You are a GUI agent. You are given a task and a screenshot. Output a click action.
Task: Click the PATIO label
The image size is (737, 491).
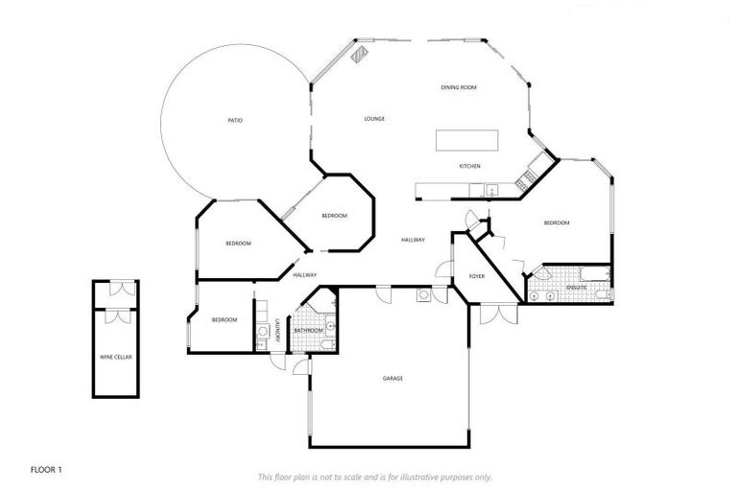pyautogui.click(x=235, y=121)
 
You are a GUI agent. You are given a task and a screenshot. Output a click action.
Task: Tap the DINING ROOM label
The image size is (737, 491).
pyautogui.click(x=459, y=88)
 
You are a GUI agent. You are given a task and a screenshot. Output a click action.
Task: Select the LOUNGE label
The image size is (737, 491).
pyautogui.click(x=374, y=119)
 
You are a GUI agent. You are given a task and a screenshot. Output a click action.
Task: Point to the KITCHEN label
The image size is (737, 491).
pyautogui.click(x=469, y=167)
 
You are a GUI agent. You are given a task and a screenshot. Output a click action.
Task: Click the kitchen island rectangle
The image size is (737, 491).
pyautogui.click(x=467, y=140)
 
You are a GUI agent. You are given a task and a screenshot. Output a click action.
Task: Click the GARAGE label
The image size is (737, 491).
pyautogui.click(x=392, y=379)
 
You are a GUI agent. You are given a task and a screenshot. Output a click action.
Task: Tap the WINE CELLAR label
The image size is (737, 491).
pyautogui.click(x=116, y=357)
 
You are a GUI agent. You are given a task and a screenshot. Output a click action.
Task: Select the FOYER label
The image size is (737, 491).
pyautogui.click(x=477, y=277)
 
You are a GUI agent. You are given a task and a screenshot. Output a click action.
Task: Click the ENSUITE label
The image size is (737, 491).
pyautogui.click(x=576, y=288)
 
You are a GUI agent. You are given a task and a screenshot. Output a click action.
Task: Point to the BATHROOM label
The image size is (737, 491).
pyautogui.click(x=309, y=331)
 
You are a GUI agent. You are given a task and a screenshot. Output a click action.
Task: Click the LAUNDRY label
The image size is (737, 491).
pyautogui.click(x=277, y=331)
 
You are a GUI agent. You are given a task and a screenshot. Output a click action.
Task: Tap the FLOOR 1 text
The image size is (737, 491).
pyautogui.click(x=46, y=470)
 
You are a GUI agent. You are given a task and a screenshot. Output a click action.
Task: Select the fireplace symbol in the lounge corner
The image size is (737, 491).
pyautogui.click(x=361, y=55)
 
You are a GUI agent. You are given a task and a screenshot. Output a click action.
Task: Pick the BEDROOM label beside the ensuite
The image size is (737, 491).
pyautogui.click(x=557, y=223)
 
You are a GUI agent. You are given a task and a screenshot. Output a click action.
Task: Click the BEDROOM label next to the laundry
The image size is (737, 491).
pyautogui.click(x=225, y=319)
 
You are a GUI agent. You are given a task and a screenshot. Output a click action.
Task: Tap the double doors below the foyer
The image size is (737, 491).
pyautogui.click(x=497, y=314)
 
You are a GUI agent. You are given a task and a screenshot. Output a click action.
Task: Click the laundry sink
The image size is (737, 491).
pyautogui.click(x=262, y=333)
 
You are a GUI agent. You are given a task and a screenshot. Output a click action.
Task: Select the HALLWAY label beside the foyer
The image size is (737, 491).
pyautogui.click(x=413, y=240)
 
